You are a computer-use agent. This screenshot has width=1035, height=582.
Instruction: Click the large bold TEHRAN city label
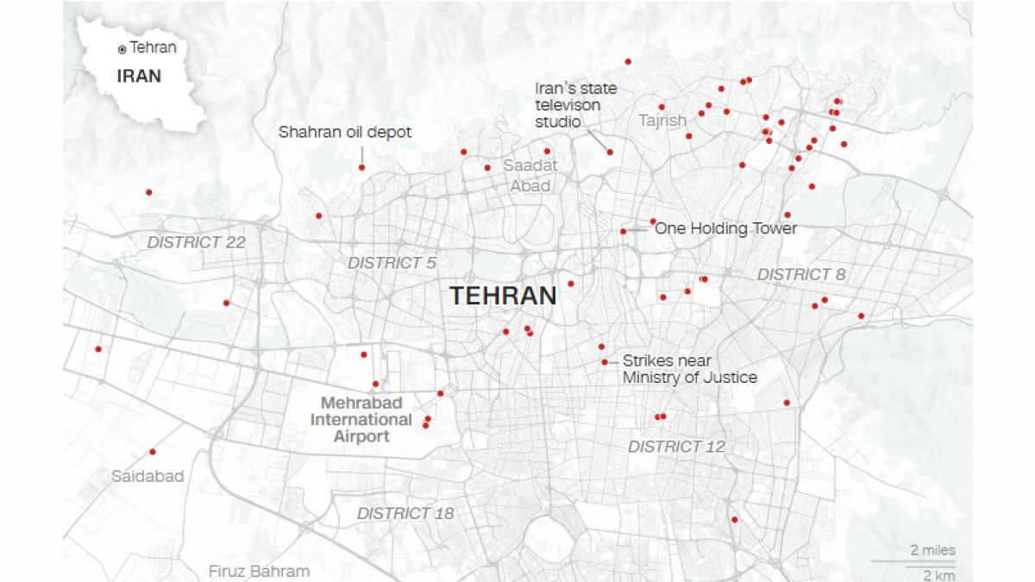(503, 296)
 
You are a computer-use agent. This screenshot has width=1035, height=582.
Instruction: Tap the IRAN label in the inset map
(139, 76)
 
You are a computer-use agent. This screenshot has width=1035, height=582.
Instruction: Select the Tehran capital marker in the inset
(122, 49)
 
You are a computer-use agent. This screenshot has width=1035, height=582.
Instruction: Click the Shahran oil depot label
(344, 133)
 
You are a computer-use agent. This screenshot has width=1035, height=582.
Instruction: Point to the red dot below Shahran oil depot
(361, 167)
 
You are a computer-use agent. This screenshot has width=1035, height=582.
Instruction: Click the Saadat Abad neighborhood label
(530, 175)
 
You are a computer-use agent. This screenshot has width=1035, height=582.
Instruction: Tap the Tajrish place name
(662, 121)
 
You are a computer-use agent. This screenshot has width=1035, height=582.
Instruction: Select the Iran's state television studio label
(576, 105)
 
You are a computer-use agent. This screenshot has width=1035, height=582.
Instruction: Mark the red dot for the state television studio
(610, 152)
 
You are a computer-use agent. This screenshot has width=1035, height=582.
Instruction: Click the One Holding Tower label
(726, 228)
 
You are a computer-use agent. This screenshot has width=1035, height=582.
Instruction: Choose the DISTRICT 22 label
(196, 242)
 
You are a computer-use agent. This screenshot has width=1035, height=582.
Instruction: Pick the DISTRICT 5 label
(392, 262)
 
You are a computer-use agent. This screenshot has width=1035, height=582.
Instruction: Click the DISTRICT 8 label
(801, 274)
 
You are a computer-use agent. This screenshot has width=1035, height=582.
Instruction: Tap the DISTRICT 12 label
(676, 447)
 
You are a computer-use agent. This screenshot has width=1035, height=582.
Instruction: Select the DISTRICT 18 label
(405, 513)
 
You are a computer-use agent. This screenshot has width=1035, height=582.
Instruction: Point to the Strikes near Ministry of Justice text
(689, 369)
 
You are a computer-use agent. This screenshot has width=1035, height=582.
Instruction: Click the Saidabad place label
(147, 476)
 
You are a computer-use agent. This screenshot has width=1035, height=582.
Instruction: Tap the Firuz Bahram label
(259, 571)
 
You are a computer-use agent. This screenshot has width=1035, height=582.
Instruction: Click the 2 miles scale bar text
(932, 550)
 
